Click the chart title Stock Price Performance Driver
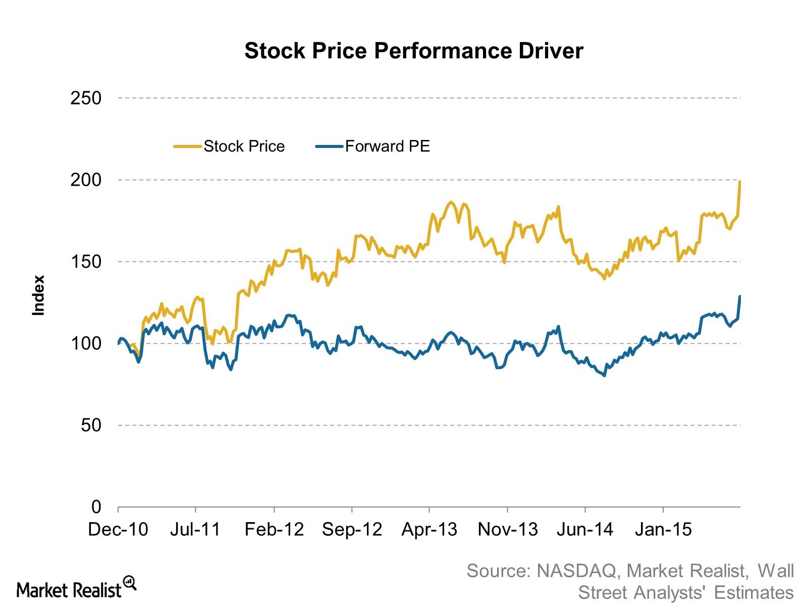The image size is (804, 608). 413,51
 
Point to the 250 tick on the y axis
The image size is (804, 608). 86,98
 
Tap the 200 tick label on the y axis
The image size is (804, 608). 86,180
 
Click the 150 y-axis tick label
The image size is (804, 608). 86,262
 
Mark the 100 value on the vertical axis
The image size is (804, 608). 86,343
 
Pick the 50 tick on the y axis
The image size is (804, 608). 91,425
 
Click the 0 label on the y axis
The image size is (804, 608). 96,506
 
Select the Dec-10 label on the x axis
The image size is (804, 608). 118,529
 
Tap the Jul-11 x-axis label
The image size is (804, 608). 195,529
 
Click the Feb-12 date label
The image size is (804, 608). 274,529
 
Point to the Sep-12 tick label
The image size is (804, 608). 352,529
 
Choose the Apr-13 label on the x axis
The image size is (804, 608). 430,529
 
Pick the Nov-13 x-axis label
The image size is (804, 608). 508,529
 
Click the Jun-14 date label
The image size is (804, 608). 585,529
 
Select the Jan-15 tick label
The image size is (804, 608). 663,529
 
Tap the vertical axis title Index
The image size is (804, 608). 38,295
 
